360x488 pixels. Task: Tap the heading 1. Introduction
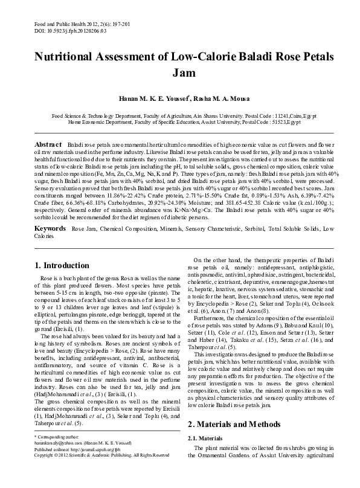[62, 265]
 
